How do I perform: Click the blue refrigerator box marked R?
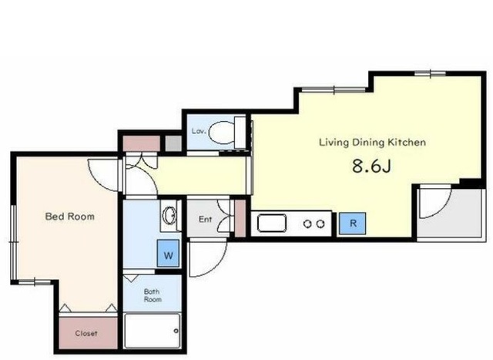pyautogui.click(x=353, y=224)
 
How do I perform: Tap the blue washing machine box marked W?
pyautogui.click(x=168, y=254)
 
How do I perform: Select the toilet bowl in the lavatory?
pyautogui.click(x=222, y=133)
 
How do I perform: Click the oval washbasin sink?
pyautogui.click(x=169, y=216)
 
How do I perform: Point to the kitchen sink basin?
pyautogui.click(x=272, y=223)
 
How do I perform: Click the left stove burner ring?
pyautogui.click(x=307, y=224)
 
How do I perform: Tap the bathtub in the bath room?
pyautogui.click(x=153, y=331)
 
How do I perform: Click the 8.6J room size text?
pyautogui.click(x=371, y=166)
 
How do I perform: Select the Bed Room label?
pyautogui.click(x=70, y=216)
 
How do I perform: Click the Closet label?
pyautogui.click(x=86, y=333)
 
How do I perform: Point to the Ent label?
pyautogui.click(x=206, y=219)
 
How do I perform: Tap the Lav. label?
pyautogui.click(x=199, y=131)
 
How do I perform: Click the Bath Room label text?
pyautogui.click(x=153, y=295)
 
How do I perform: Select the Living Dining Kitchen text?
pyautogui.click(x=373, y=143)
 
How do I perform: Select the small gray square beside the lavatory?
pyautogui.click(x=173, y=143)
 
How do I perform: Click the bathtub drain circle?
pyautogui.click(x=176, y=331)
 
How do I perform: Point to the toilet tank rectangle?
pyautogui.click(x=240, y=133)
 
